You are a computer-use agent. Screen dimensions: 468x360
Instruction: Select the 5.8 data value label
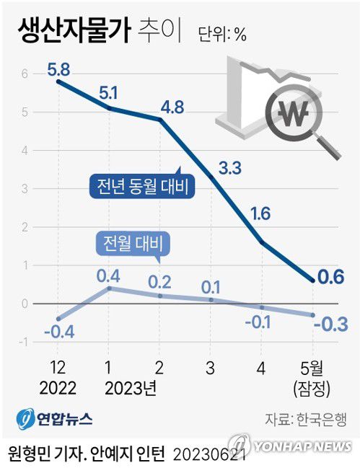tap(58, 71)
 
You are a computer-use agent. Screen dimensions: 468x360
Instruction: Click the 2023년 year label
tap(131, 388)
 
